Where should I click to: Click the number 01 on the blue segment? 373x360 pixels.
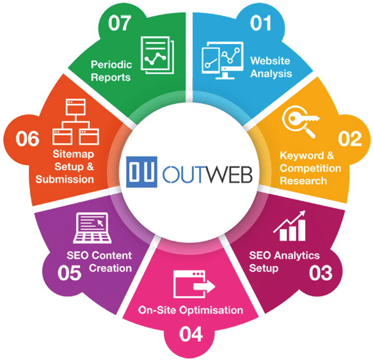point(261,23)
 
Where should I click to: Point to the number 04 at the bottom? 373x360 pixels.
point(191,334)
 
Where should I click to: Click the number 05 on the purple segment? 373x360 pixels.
point(69,272)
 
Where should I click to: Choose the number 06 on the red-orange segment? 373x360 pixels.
point(27,138)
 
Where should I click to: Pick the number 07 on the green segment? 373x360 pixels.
point(120,23)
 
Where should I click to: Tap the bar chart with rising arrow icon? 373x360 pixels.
point(290,226)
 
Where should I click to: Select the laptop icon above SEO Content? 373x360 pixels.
point(92,228)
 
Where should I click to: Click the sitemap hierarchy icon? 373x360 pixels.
point(76,122)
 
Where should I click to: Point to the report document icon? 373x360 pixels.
point(157,55)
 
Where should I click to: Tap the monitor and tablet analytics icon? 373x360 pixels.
point(222,60)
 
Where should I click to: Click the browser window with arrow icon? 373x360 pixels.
point(194,284)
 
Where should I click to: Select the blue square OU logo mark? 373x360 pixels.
point(141,171)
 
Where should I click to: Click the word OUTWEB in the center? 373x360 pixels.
point(207,174)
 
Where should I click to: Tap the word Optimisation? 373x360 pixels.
point(211,310)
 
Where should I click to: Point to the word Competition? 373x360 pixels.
point(310,168)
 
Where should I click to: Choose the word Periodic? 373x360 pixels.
point(111,64)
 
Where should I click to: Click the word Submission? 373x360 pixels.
point(64,179)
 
